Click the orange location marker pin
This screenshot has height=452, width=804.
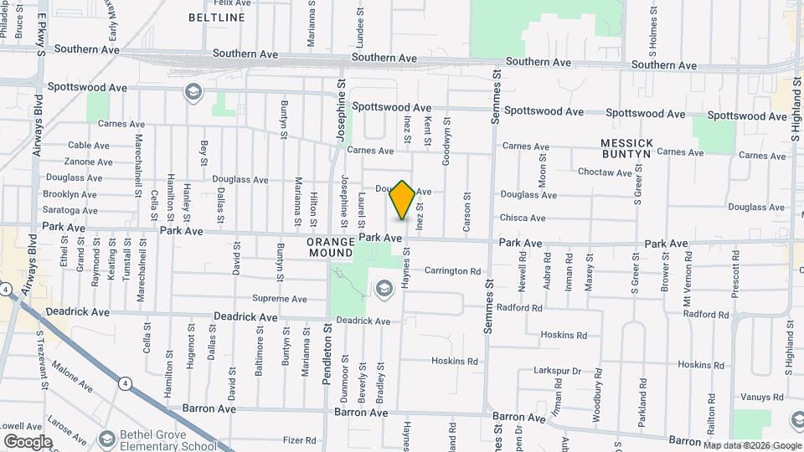[x=403, y=199]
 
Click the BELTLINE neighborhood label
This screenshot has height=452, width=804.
[x=217, y=18]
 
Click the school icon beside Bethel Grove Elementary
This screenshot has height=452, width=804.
[x=106, y=439]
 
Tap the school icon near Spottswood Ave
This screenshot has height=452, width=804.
[x=193, y=91]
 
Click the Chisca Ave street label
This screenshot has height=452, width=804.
[x=523, y=218]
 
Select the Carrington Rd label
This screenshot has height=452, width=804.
[x=452, y=271]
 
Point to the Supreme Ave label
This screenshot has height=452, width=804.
[x=280, y=299]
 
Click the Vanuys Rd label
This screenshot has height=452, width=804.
[x=760, y=398]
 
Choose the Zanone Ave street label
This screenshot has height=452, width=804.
[x=88, y=162]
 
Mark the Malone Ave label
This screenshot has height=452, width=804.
[x=71, y=375]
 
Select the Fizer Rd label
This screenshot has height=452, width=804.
[x=299, y=439]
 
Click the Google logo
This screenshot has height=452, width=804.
[x=28, y=441]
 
